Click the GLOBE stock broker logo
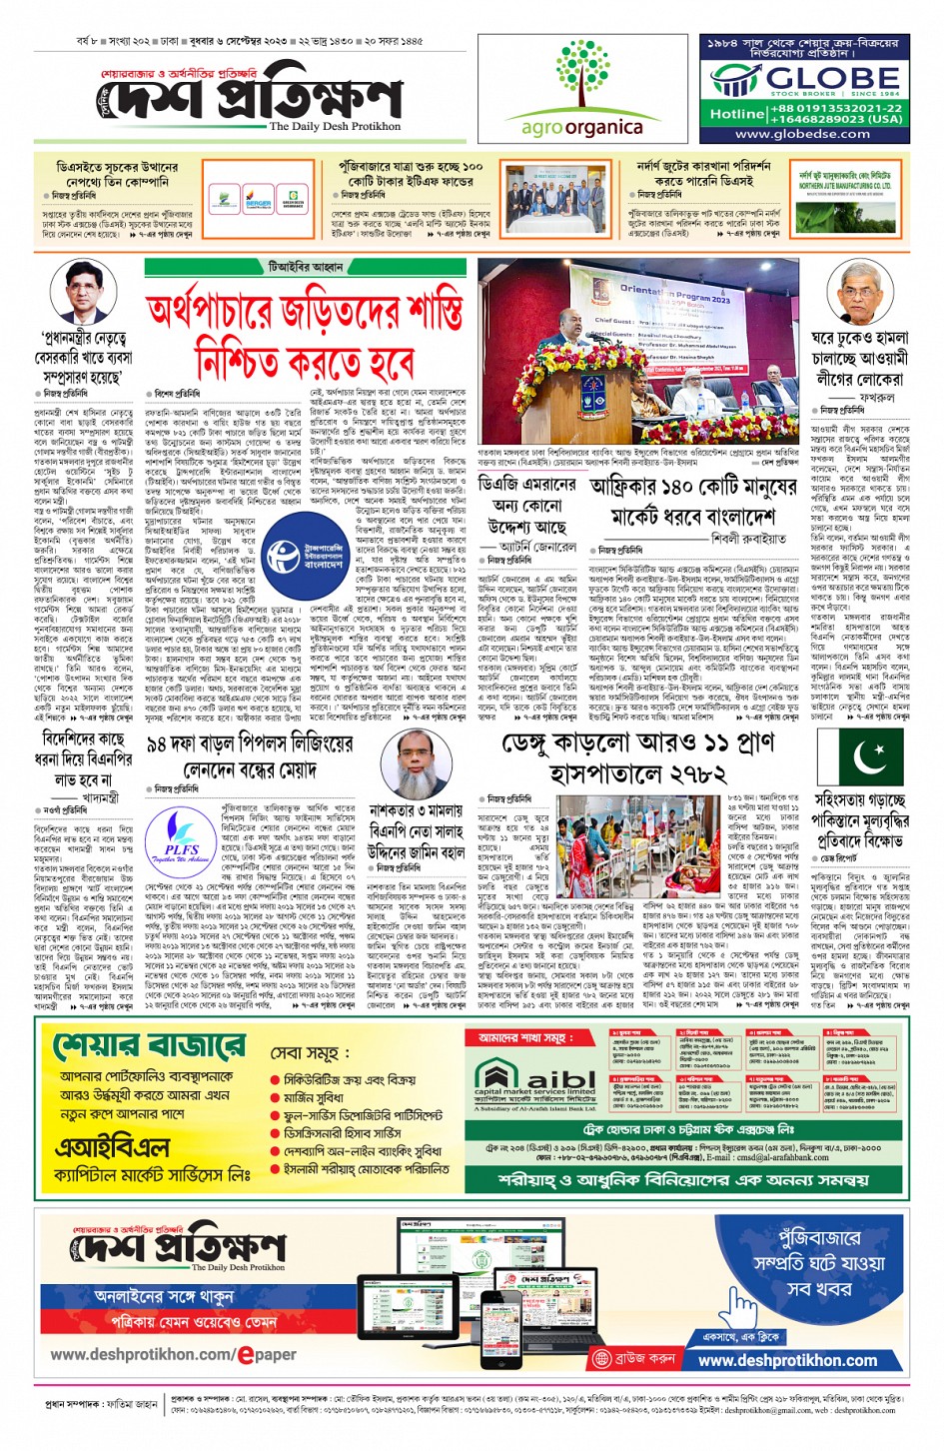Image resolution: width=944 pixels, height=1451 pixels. pyautogui.click(x=804, y=79)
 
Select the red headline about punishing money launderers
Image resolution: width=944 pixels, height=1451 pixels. pyautogui.click(x=305, y=336)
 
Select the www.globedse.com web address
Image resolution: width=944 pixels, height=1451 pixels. pyautogui.click(x=803, y=134)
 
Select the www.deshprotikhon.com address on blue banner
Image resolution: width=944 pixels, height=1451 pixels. pyautogui.click(x=787, y=1360)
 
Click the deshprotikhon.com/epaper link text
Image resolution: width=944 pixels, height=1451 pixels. pyautogui.click(x=173, y=1355)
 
